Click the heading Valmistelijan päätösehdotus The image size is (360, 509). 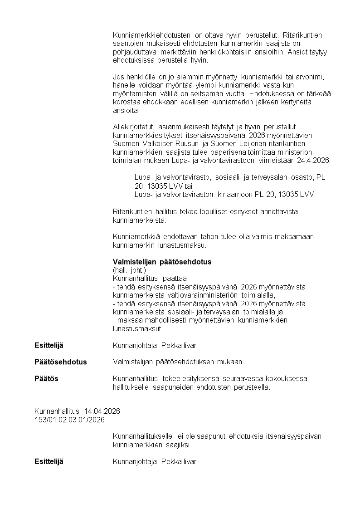tap(162, 262)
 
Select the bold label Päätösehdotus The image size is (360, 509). tap(60, 362)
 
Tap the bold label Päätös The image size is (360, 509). tap(46, 378)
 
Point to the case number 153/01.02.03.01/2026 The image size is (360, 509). tap(69, 420)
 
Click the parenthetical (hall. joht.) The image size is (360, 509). tap(129, 270)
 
